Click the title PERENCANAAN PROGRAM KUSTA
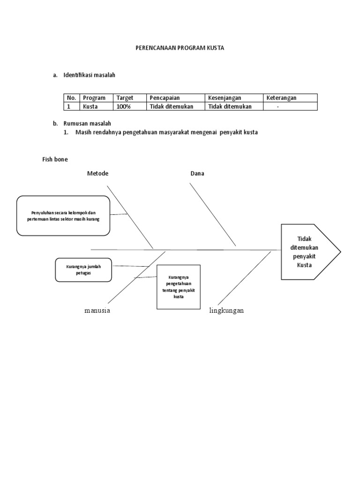pos(180,48)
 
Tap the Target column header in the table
pos(125,98)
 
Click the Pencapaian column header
pos(165,98)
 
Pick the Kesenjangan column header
pos(225,98)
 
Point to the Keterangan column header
pos(281,98)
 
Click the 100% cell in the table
pos(124,106)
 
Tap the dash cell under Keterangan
pos(277,106)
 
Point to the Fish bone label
pos(55,159)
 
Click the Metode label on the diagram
pos(97,173)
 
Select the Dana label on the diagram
pos(197,173)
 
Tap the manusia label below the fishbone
pos(97,311)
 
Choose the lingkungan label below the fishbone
pos(226,311)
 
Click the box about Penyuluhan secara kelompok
pos(63,216)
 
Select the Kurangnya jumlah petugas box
pos(83,270)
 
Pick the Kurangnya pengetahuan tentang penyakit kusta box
pos(178,287)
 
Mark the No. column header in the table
pos(71,98)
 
